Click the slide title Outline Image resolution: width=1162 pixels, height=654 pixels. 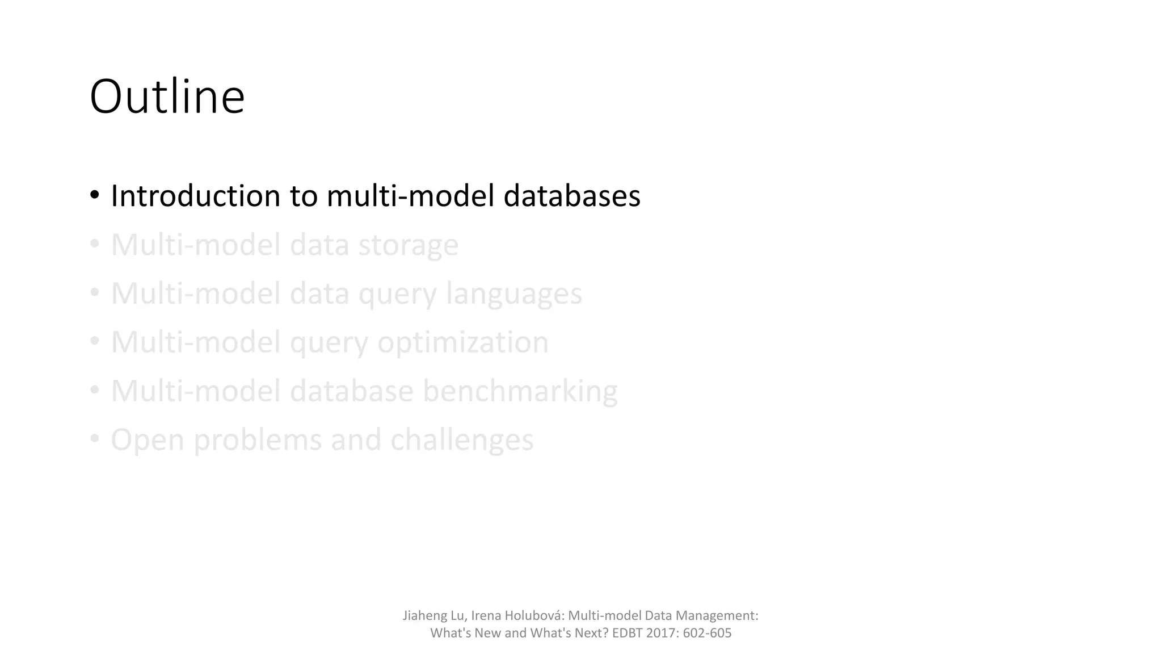click(167, 97)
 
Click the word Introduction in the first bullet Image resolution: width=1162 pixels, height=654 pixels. click(195, 196)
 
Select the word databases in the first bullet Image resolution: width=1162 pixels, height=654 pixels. click(572, 196)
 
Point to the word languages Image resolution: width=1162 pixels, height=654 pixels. click(514, 294)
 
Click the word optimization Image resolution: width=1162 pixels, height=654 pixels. click(463, 342)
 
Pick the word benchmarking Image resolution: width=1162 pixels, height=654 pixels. click(520, 391)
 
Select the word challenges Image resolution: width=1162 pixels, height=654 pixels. click(462, 440)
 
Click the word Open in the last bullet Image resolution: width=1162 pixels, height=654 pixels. click(148, 441)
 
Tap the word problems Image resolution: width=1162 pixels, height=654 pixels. click(258, 441)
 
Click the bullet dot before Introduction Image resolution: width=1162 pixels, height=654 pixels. click(95, 195)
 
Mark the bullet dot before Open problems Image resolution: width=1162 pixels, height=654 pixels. click(95, 439)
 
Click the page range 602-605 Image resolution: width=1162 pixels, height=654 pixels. click(707, 633)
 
